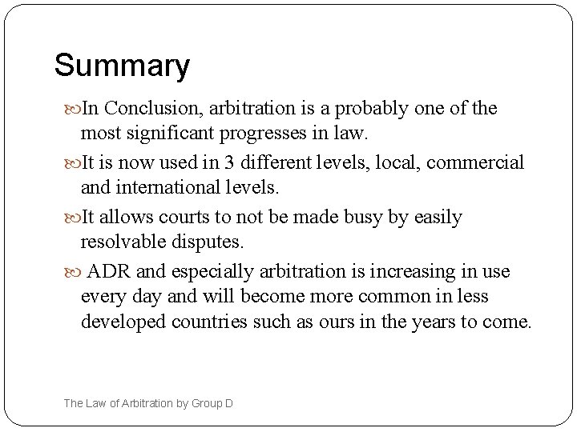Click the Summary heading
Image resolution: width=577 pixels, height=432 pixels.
pos(122,66)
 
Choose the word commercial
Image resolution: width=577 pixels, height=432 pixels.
pos(475,162)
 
